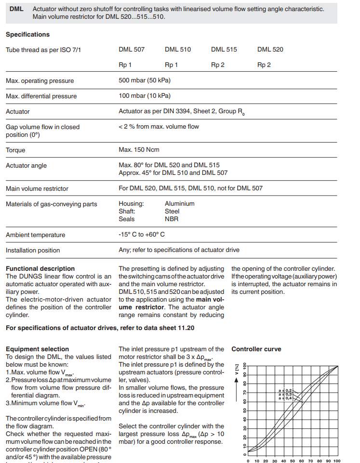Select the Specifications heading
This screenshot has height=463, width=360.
[x=27, y=35]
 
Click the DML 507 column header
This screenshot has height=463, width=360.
[x=132, y=50]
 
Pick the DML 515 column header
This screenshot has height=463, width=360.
[x=224, y=50]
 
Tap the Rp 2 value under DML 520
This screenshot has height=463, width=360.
[x=264, y=65]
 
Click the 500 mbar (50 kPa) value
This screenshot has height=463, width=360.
[x=145, y=80]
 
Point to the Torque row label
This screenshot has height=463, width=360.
[x=15, y=150]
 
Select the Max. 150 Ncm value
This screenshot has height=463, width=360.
[x=139, y=150]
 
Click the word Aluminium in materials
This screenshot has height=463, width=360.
[x=179, y=204]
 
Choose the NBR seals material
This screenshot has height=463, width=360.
[x=172, y=219]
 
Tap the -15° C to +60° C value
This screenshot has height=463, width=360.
[x=142, y=235]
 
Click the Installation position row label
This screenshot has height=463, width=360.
[x=33, y=250]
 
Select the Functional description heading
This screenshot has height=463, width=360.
[x=40, y=268]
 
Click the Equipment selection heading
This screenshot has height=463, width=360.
[x=37, y=349]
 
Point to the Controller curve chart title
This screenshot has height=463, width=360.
[x=256, y=349]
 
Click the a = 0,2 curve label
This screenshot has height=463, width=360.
[x=285, y=390]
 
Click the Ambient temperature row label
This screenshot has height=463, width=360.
[x=35, y=235]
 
